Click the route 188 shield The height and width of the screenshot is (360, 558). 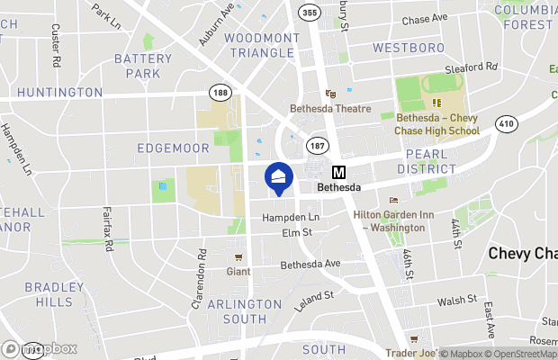(x=219, y=92)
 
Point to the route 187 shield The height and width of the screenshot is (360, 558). (x=317, y=144)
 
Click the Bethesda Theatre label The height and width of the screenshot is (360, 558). (x=329, y=109)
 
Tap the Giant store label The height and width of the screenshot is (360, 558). (x=238, y=269)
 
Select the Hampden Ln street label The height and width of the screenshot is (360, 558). (x=290, y=218)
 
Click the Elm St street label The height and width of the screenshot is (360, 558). (x=296, y=232)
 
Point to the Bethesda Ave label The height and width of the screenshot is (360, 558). (x=310, y=265)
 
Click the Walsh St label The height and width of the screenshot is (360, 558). (x=456, y=301)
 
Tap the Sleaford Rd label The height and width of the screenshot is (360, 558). (x=472, y=67)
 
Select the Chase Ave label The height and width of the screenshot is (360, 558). (x=424, y=19)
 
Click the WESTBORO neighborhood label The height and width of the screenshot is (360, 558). (x=409, y=46)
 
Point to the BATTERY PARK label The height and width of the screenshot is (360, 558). (x=142, y=66)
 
